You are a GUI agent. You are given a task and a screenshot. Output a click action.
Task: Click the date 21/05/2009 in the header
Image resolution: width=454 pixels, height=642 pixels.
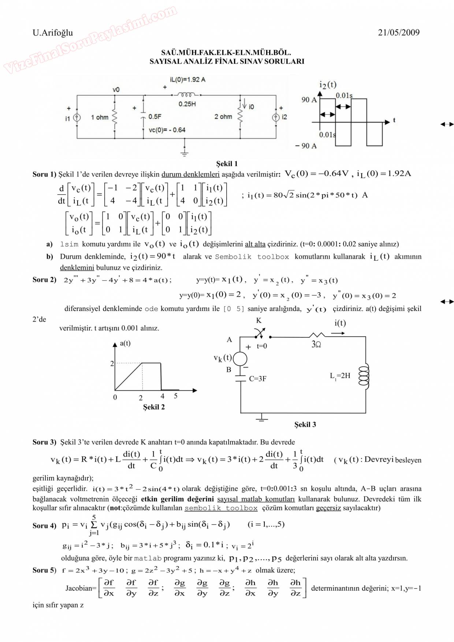(x=398, y=33)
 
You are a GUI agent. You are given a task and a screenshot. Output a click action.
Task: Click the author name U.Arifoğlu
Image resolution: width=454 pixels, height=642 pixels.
(x=53, y=33)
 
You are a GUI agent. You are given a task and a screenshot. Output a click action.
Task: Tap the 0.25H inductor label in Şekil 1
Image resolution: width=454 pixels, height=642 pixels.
(x=187, y=104)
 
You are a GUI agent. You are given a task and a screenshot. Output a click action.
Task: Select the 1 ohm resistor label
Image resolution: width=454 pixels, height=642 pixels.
(x=100, y=117)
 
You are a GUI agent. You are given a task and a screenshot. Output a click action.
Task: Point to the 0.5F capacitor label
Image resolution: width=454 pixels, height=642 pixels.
(x=155, y=117)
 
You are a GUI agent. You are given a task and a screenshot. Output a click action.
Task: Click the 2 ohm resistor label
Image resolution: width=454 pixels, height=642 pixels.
(x=223, y=117)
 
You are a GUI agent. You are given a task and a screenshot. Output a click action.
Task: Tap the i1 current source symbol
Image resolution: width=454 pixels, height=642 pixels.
(x=77, y=118)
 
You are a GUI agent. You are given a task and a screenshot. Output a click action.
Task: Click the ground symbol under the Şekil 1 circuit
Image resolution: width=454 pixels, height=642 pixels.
(x=185, y=151)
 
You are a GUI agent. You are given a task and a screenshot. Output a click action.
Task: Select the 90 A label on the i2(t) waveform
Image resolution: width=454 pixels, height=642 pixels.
(x=309, y=100)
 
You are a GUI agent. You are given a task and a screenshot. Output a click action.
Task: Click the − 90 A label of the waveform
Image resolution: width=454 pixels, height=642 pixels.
(x=306, y=146)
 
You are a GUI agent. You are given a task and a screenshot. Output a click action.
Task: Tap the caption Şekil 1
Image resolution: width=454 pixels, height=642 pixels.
(x=227, y=164)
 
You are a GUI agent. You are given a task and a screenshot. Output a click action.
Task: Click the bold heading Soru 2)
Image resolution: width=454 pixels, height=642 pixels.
(x=44, y=280)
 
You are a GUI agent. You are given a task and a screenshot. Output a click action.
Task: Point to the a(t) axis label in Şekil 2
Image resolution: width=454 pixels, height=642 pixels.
(x=125, y=343)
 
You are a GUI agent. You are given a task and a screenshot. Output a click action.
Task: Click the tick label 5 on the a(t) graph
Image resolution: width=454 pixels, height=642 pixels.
(x=176, y=396)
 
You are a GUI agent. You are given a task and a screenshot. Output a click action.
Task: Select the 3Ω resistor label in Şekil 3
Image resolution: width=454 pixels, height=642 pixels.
(x=316, y=344)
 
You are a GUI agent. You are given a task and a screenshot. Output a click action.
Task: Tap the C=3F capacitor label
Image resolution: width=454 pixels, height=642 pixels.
(x=257, y=379)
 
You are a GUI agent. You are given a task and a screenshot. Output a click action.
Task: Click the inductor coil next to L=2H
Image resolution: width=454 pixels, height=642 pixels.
(x=364, y=375)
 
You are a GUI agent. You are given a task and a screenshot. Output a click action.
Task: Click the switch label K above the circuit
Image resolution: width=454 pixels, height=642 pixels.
(x=258, y=321)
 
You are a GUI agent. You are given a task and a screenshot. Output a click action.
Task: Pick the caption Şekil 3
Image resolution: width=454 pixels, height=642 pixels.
(x=305, y=424)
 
